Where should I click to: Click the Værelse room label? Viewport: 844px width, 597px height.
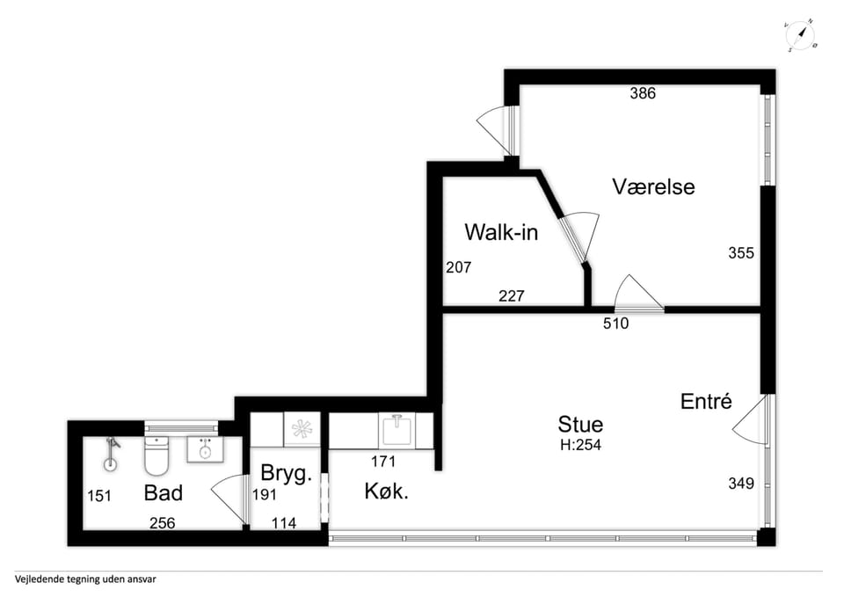tap(653, 186)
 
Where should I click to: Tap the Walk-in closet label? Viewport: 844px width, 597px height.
tap(501, 232)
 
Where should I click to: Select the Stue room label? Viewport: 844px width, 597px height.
tap(580, 424)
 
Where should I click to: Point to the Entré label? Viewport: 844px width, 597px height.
tap(706, 401)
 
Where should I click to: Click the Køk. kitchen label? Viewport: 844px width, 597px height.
tap(387, 491)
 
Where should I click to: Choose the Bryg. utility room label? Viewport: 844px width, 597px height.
tap(287, 474)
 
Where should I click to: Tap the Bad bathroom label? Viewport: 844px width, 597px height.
tap(164, 492)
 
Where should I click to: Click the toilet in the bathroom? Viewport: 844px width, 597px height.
tap(156, 456)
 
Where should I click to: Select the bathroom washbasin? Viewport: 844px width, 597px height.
tap(205, 449)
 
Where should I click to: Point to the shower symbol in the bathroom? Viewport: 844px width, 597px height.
tap(111, 455)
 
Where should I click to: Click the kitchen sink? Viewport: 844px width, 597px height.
tap(397, 430)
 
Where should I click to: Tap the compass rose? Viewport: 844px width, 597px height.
tap(800, 36)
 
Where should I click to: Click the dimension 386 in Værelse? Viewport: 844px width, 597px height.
tap(643, 93)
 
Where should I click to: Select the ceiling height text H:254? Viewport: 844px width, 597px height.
tap(580, 445)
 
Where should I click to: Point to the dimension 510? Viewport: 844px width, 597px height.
tap(615, 323)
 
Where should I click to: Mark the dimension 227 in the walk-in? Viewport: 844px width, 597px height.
tap(512, 295)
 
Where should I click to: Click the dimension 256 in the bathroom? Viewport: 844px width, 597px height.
tap(162, 523)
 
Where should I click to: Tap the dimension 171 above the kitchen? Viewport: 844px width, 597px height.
tap(383, 462)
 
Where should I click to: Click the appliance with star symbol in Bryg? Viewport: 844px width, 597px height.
tap(302, 429)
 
